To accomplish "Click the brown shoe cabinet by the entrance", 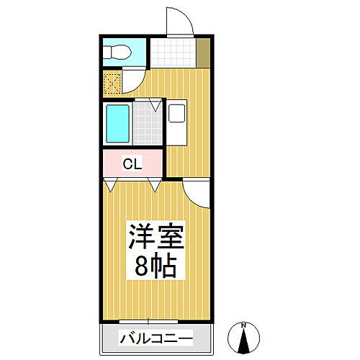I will pyautogui.click(x=204, y=52).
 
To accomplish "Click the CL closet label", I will pyautogui.click(x=132, y=163).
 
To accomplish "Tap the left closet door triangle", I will pyautogui.click(x=109, y=186).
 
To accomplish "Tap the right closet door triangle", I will pyautogui.click(x=154, y=186).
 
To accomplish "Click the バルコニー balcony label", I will pyautogui.click(x=156, y=338).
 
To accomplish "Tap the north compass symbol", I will pyautogui.click(x=244, y=337).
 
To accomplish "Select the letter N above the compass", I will pyautogui.click(x=244, y=323).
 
